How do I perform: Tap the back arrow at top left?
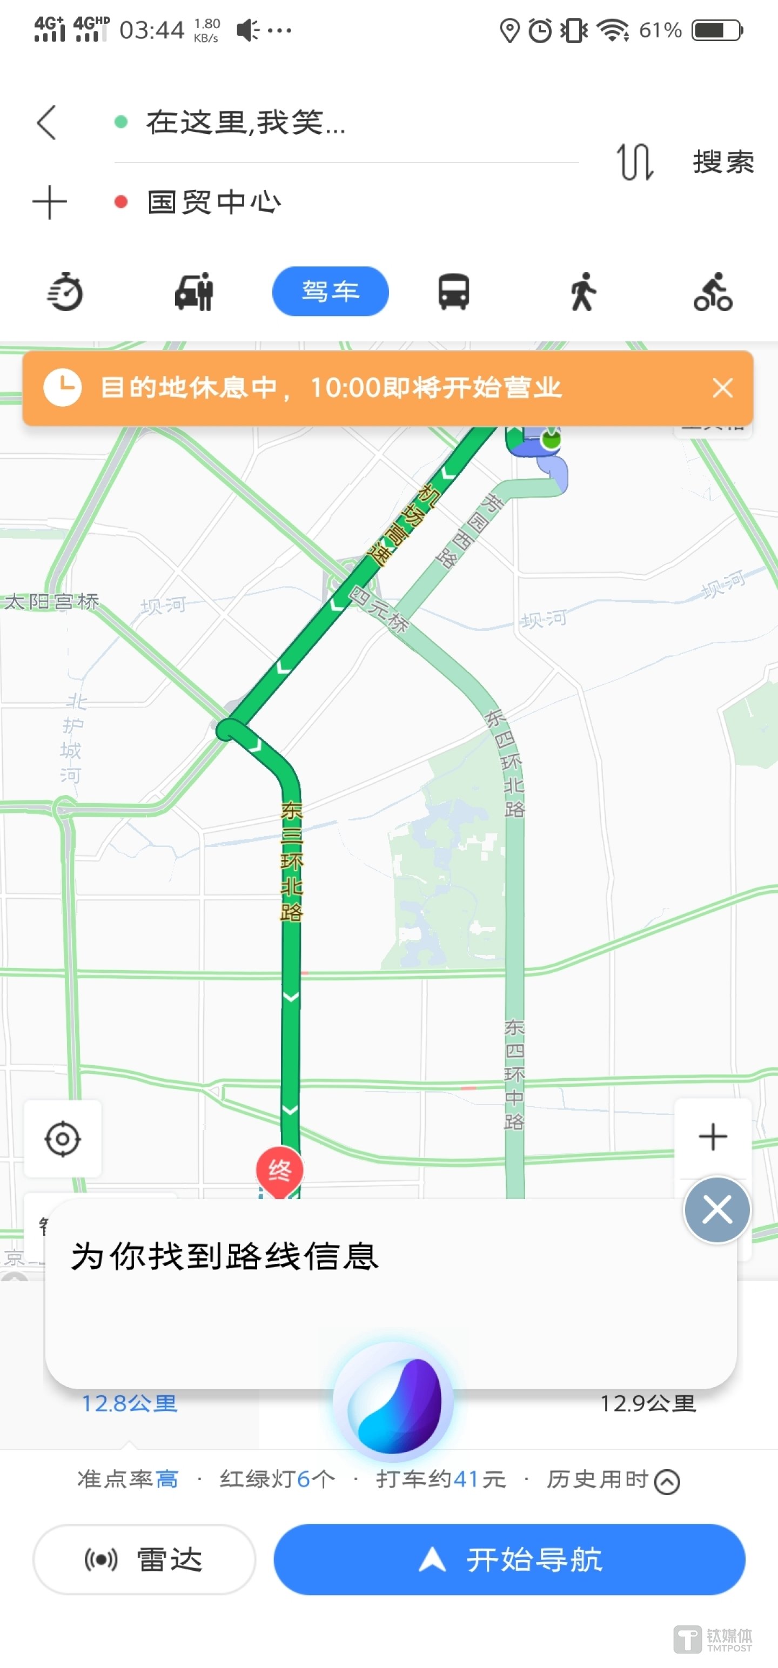point(46,123)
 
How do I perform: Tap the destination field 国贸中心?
point(214,203)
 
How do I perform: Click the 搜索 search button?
point(723,162)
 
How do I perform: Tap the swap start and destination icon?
point(634,162)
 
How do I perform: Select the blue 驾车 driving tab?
point(330,291)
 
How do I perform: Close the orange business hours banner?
point(722,388)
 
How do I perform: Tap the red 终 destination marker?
point(279,1170)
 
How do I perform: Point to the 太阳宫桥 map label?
point(52,602)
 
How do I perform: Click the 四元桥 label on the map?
point(379,609)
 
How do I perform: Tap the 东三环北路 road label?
point(292,861)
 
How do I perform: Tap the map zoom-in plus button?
point(713,1137)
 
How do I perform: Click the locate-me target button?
point(63,1138)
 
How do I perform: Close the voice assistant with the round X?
point(716,1209)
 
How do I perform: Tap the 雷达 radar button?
point(144,1559)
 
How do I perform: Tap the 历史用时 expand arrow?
point(667,1482)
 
